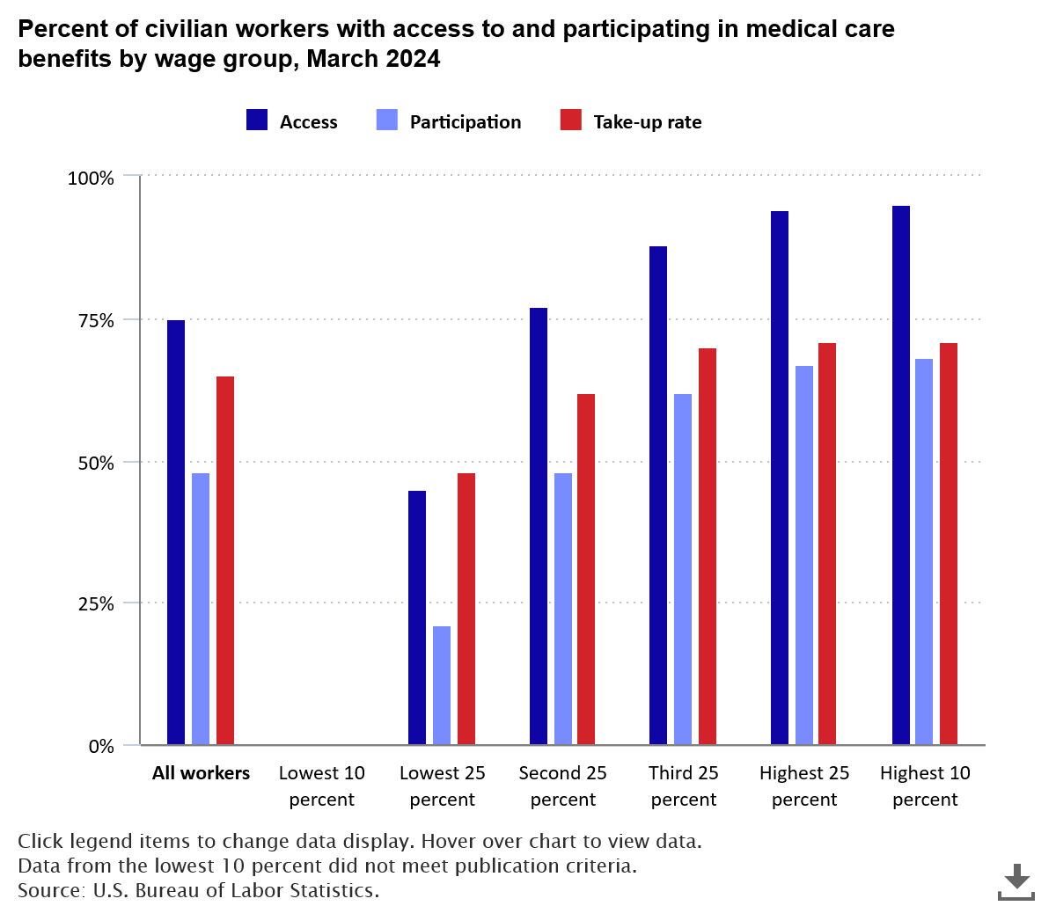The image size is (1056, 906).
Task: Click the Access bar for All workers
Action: [176, 532]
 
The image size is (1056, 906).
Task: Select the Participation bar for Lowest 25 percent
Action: [442, 685]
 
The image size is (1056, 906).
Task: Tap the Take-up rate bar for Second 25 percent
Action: [586, 569]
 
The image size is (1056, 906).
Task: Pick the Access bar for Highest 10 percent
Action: [900, 475]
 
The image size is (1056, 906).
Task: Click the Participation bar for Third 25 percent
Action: [683, 569]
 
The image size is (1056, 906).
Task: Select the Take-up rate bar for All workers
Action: [225, 560]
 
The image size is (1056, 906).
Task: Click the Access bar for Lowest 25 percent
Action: [417, 617]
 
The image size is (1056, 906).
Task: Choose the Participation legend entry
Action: [448, 121]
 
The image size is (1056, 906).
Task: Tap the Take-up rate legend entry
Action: [631, 121]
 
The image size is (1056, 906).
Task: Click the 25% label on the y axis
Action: [91, 604]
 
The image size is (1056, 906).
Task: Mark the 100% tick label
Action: [91, 179]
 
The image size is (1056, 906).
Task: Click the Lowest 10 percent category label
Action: [321, 785]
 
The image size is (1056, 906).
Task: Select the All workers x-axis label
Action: [201, 773]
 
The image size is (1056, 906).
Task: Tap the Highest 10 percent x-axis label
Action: [925, 785]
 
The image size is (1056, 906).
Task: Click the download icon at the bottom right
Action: [1016, 880]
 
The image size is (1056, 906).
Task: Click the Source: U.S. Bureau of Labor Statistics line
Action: [198, 889]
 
